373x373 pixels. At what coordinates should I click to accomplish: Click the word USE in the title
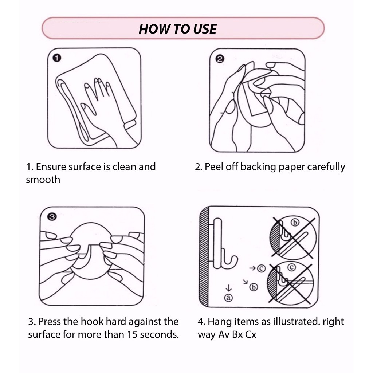[x=205, y=29]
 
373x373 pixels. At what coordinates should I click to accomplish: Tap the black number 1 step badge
[x=57, y=58]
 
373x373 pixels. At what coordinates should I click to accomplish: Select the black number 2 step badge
[x=220, y=59]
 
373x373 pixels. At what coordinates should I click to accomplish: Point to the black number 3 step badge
[x=52, y=217]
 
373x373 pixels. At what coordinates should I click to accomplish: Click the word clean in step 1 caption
[x=124, y=166]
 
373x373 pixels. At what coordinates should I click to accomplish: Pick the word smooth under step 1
[x=43, y=180]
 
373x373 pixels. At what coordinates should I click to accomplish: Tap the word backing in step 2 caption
[x=258, y=167]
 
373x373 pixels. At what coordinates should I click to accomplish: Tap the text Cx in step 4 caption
[x=251, y=334]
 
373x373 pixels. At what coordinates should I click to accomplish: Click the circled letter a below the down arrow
[x=229, y=298]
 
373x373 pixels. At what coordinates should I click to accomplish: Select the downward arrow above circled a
[x=229, y=288]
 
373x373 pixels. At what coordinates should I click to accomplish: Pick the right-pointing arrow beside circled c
[x=253, y=268]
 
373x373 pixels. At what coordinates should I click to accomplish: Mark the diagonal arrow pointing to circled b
[x=245, y=282]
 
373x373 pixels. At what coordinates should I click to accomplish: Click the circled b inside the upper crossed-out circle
[x=295, y=223]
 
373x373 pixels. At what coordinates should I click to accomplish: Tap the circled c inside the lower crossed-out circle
[x=291, y=267]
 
